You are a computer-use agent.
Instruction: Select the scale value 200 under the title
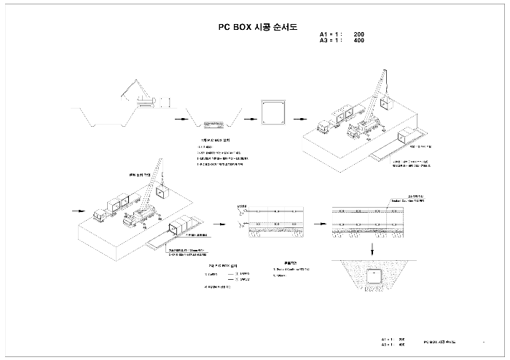point(358,34)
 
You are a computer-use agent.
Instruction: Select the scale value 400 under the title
point(358,41)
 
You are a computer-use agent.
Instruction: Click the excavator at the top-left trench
point(139,95)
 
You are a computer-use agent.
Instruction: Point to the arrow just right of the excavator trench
point(178,117)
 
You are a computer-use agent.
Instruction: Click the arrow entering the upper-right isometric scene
point(299,117)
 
